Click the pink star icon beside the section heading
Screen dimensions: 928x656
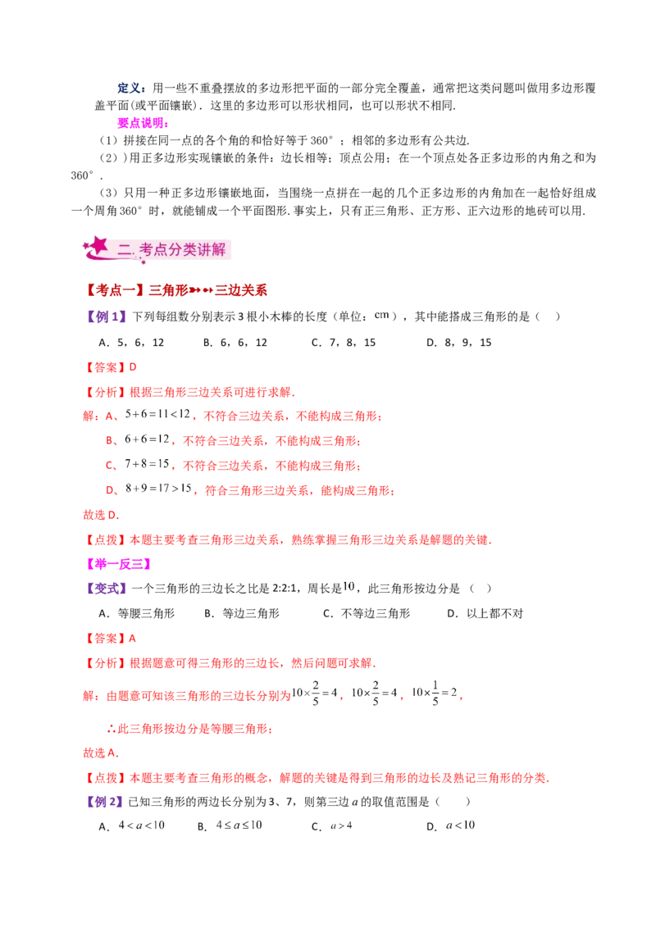coord(99,246)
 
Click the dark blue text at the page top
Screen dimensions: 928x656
coord(131,88)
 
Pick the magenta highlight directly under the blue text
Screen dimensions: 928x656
coord(141,123)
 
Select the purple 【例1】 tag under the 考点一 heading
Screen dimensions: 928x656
coord(107,317)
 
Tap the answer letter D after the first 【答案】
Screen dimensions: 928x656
coord(134,366)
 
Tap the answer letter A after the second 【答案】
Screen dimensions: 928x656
coord(134,637)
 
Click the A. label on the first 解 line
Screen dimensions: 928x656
coord(109,416)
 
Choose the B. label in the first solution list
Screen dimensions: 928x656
coord(109,441)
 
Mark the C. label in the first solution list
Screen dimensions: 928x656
coord(109,466)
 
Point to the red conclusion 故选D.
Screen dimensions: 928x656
coord(102,516)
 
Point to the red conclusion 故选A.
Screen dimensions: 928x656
coord(102,752)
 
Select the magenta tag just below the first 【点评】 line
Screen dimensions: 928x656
coord(118,564)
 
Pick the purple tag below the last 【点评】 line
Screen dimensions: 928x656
coord(105,803)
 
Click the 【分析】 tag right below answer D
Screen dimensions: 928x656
coord(105,392)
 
